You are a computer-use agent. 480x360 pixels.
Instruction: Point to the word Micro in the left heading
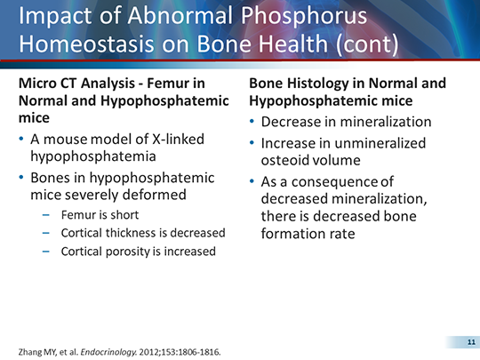(x=40, y=84)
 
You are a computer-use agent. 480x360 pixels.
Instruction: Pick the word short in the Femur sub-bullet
(x=124, y=215)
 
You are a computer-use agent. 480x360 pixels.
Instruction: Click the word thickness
(x=133, y=233)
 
